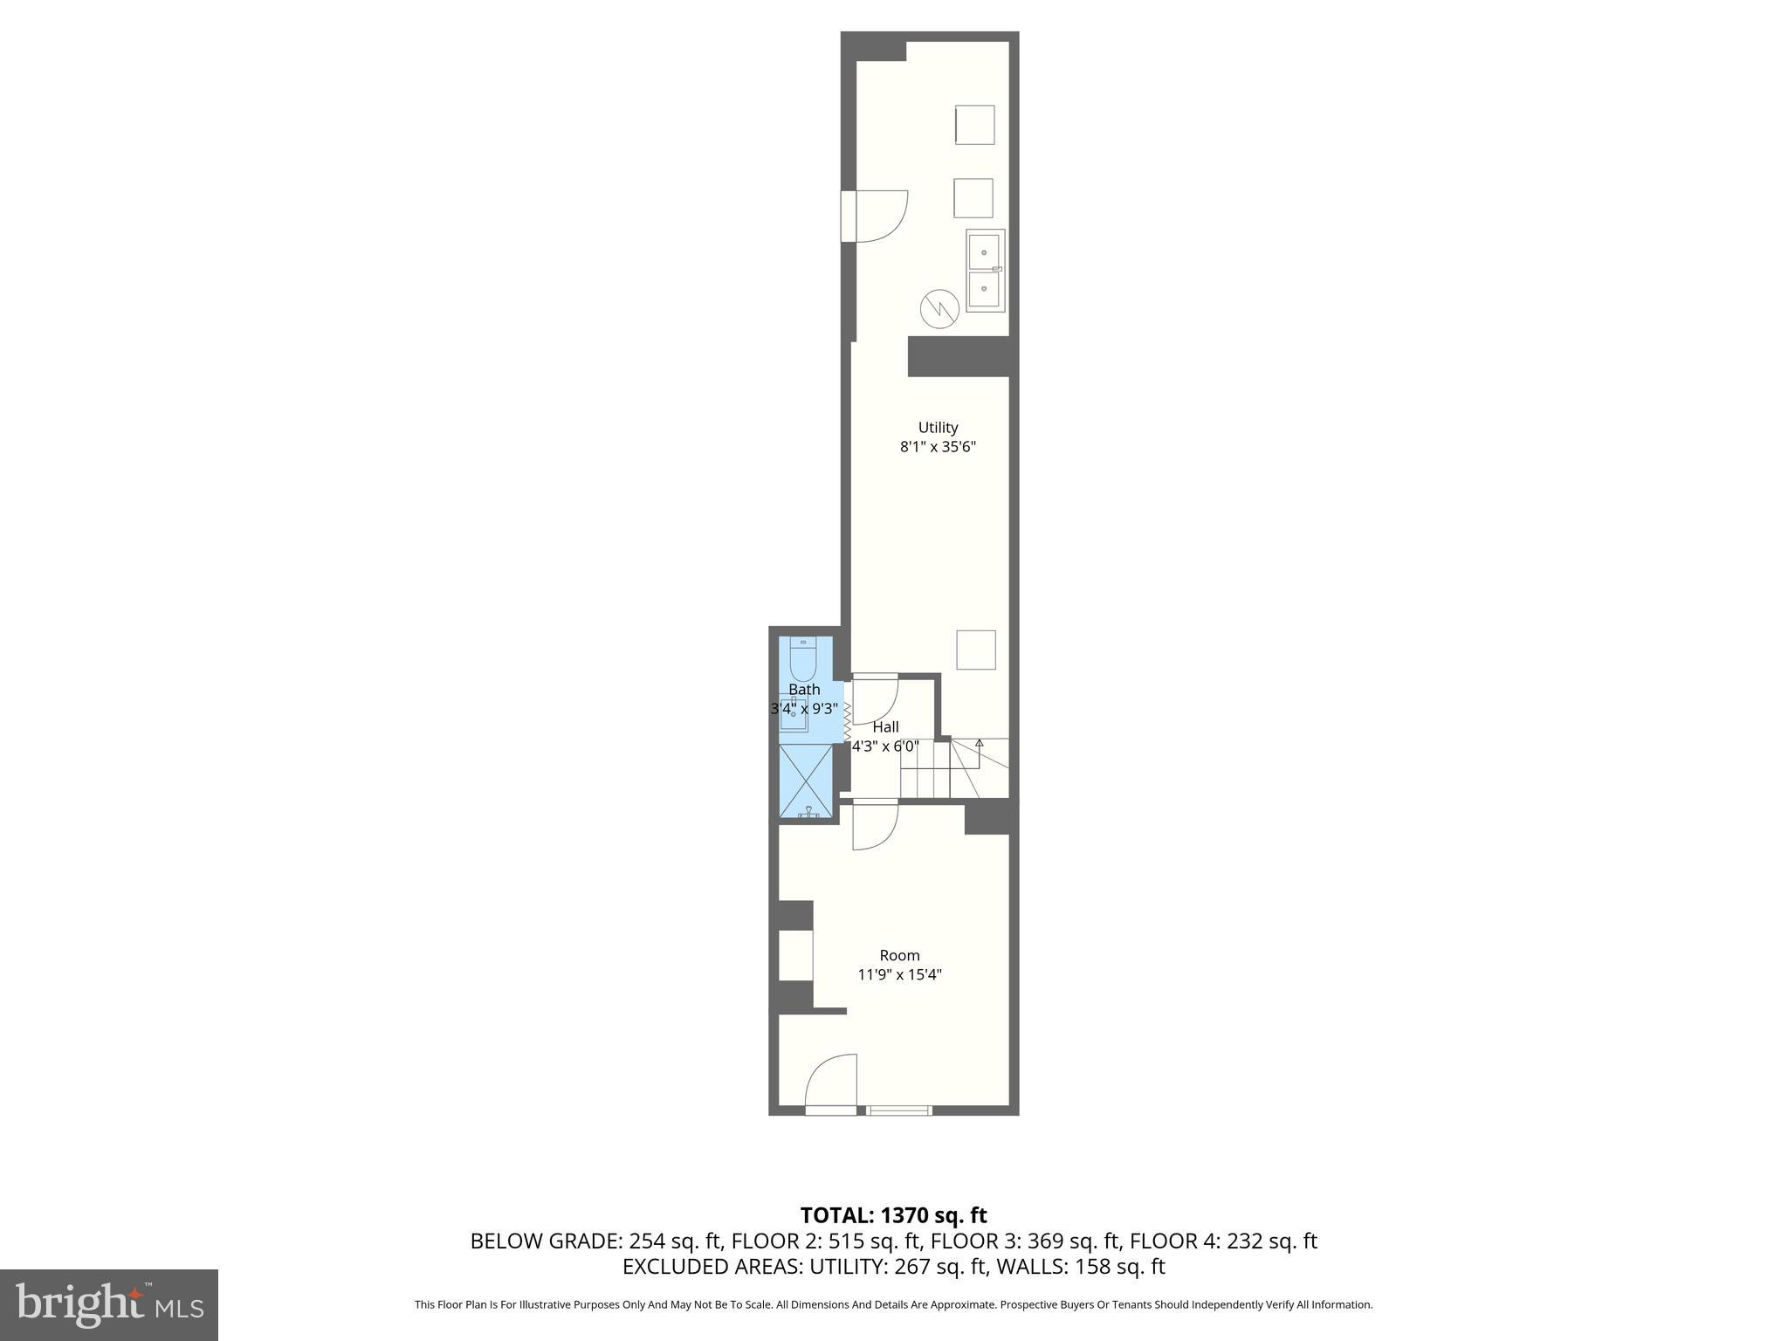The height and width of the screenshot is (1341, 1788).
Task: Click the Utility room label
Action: tap(938, 428)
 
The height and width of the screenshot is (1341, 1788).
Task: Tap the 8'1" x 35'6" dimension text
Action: tap(938, 447)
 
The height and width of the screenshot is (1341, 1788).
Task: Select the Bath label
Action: tap(804, 690)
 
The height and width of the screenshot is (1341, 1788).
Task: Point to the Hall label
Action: tap(885, 727)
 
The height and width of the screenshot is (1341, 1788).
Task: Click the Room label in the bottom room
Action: tap(899, 955)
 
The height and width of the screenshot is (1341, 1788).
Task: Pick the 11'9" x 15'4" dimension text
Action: tap(899, 974)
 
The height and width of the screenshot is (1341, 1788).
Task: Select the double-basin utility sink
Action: tap(985, 271)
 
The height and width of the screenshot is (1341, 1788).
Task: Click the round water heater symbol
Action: tap(939, 308)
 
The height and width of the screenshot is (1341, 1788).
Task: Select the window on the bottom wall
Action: tap(899, 1111)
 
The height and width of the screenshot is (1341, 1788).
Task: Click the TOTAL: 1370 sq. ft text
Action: tap(893, 1215)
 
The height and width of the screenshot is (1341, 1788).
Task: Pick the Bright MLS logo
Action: tap(109, 1304)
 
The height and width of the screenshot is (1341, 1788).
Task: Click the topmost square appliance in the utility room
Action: tap(974, 125)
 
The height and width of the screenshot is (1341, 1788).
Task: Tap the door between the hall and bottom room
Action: tap(875, 825)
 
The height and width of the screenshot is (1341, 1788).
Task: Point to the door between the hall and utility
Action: tap(875, 698)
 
